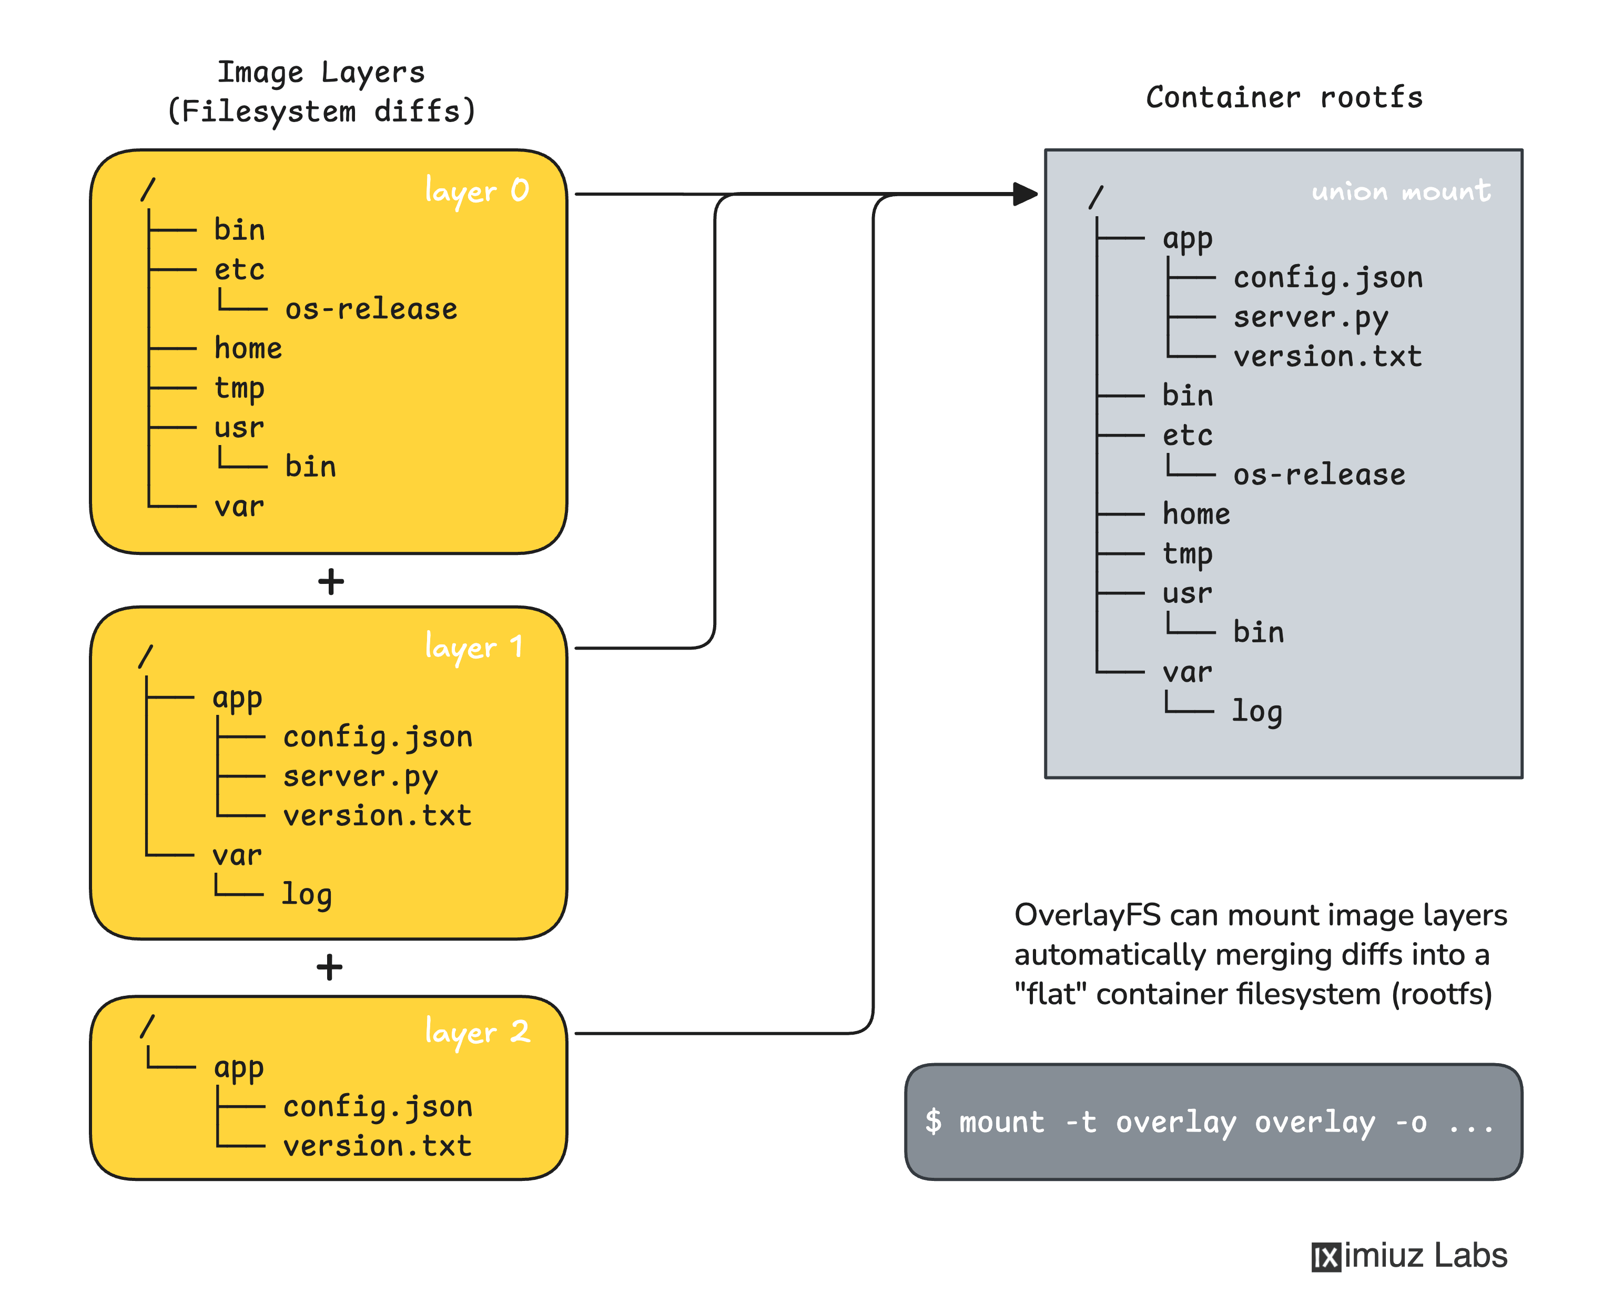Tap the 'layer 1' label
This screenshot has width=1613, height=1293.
pyautogui.click(x=473, y=647)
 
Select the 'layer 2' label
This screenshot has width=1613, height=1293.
pyautogui.click(x=476, y=1032)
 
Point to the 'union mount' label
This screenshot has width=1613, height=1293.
pyautogui.click(x=1401, y=191)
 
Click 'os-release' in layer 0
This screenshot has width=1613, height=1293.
pyautogui.click(x=371, y=309)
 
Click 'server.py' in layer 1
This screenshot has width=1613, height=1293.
pyautogui.click(x=360, y=777)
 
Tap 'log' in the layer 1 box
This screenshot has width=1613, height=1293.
pyautogui.click(x=306, y=894)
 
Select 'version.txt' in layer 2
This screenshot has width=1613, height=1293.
pyautogui.click(x=377, y=1146)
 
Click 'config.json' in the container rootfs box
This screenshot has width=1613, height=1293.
pyautogui.click(x=1328, y=278)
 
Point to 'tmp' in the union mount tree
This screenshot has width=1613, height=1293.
pyautogui.click(x=1188, y=554)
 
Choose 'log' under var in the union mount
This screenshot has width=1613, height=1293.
pyautogui.click(x=1257, y=711)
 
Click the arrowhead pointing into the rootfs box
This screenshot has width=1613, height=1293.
pyautogui.click(x=1026, y=194)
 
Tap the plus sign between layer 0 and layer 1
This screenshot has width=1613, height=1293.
pyautogui.click(x=331, y=581)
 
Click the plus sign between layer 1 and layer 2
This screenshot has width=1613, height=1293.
pyautogui.click(x=329, y=967)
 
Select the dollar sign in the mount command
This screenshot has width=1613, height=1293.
pyautogui.click(x=933, y=1122)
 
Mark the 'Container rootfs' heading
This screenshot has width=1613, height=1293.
pyautogui.click(x=1284, y=98)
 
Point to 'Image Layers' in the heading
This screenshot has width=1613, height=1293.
pyautogui.click(x=321, y=73)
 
